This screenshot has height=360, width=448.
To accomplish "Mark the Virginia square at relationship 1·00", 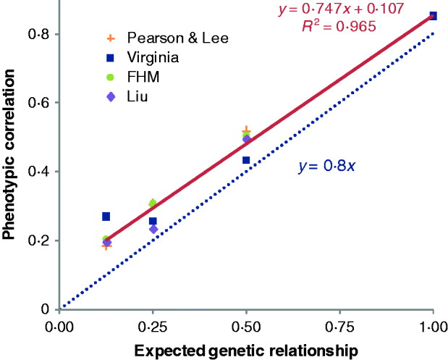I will pyautogui.click(x=433, y=16).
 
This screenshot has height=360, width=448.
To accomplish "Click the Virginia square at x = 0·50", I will pyautogui.click(x=246, y=160).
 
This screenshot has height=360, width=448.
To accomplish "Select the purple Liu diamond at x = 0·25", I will pyautogui.click(x=153, y=229).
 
